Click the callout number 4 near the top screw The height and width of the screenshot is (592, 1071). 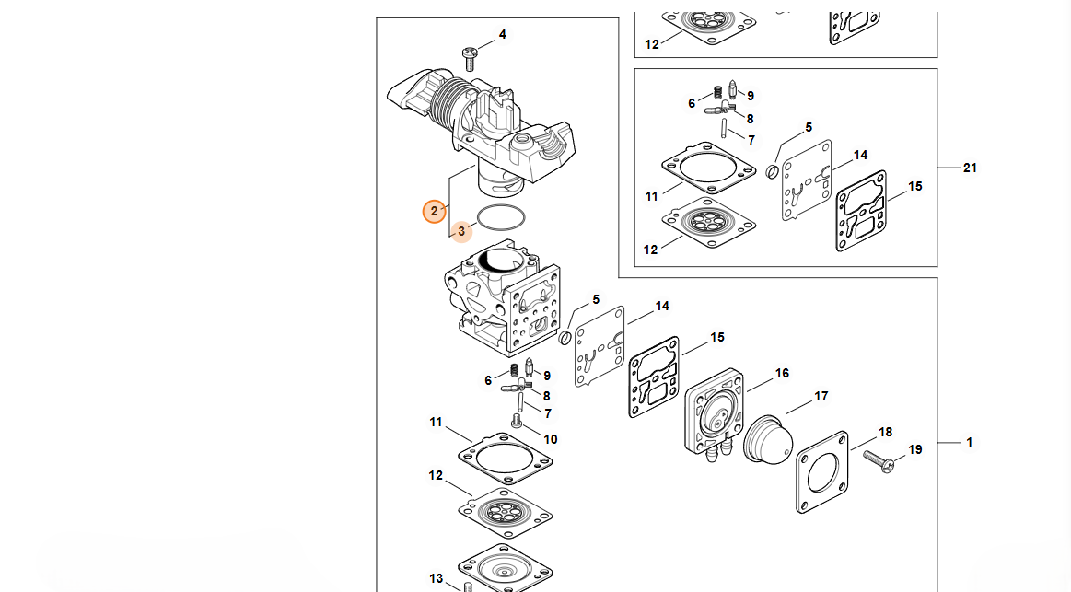(x=502, y=35)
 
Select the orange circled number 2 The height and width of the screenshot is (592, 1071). (x=435, y=212)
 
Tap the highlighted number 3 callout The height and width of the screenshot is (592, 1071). (x=461, y=231)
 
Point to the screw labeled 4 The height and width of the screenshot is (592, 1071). (x=470, y=58)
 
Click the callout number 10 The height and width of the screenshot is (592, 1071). (x=550, y=439)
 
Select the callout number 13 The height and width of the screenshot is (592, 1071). (x=436, y=578)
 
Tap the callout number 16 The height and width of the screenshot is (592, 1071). (x=782, y=373)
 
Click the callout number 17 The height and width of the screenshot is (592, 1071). (x=821, y=397)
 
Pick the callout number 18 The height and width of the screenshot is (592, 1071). (x=885, y=432)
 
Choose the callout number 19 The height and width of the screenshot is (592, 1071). (x=914, y=449)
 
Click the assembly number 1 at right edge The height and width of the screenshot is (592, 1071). (x=969, y=443)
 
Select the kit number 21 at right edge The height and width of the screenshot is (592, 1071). (x=970, y=168)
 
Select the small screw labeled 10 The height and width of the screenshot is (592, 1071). (x=517, y=424)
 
